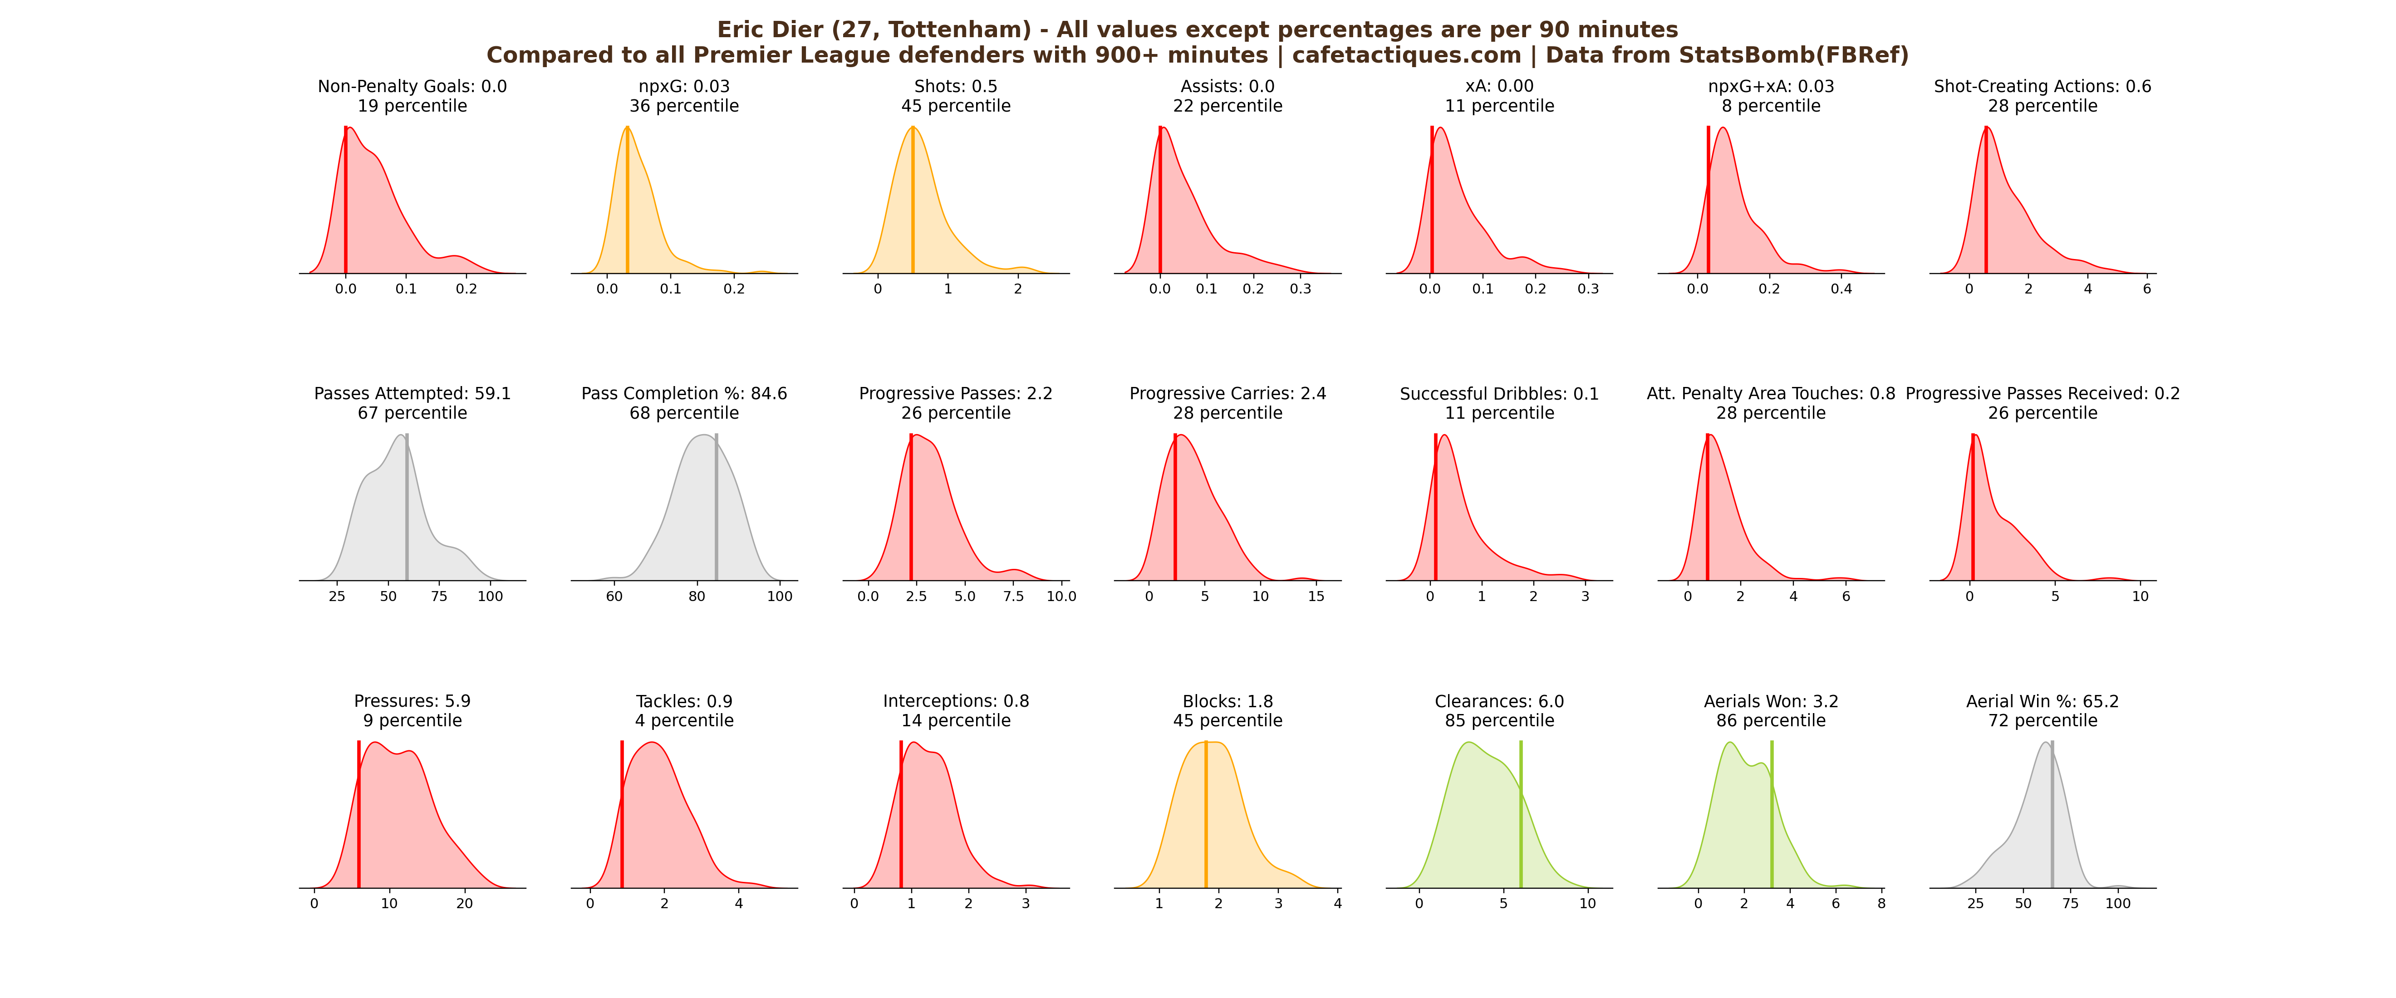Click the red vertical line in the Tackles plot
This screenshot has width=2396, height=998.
[x=622, y=818]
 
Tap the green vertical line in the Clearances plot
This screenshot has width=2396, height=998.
[x=1521, y=818]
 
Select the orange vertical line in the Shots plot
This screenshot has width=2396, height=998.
[x=913, y=205]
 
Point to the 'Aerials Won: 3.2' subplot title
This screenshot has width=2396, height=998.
[x=1771, y=701]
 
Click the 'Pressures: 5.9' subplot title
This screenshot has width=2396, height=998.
[x=412, y=701]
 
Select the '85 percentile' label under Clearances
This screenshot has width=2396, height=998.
[x=1499, y=721]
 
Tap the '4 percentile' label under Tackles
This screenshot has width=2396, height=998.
[x=685, y=721]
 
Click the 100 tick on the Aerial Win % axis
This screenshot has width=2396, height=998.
[x=2118, y=903]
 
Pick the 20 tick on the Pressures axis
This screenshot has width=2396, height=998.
[x=464, y=903]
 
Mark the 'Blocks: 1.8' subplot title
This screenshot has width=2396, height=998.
[x=1228, y=701]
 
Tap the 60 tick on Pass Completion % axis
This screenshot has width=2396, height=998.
[x=614, y=596]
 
